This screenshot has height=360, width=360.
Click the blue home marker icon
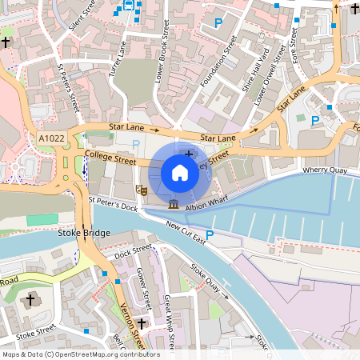click(180, 172)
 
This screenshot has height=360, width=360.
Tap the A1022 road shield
click(52, 139)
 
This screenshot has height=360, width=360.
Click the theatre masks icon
click(142, 190)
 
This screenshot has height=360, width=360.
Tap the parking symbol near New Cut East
click(210, 234)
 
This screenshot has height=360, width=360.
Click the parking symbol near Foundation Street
click(218, 23)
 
